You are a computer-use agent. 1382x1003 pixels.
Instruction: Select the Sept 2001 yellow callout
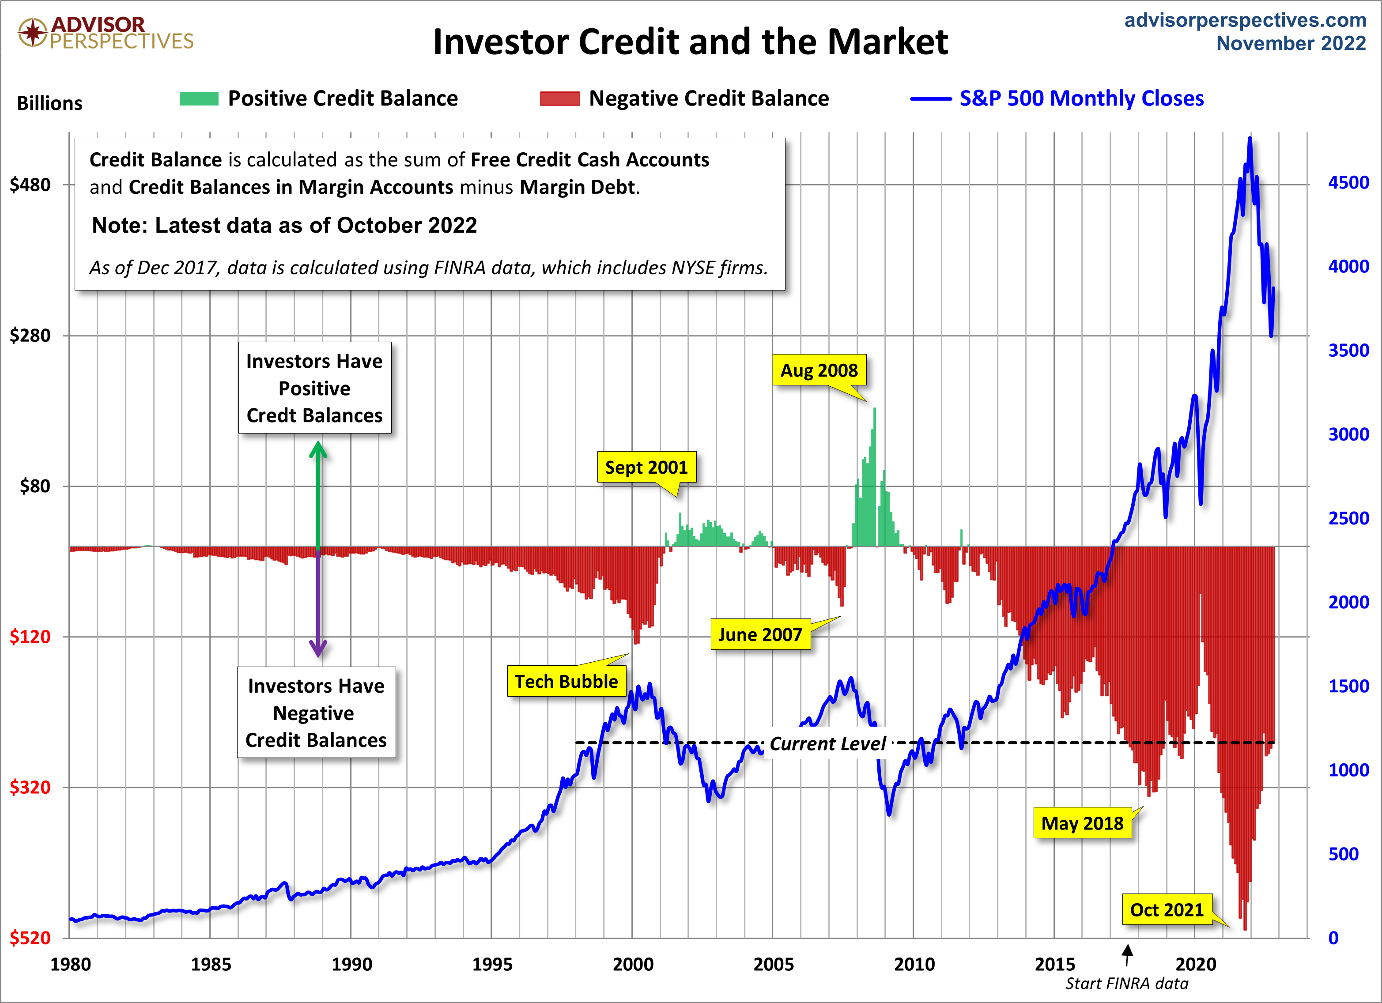(646, 468)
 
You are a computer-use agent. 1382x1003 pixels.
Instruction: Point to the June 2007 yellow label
(760, 634)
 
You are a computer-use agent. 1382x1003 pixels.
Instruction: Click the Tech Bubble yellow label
(566, 681)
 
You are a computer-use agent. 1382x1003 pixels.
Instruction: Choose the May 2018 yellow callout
(1082, 823)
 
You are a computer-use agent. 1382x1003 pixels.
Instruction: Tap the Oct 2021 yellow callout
(1166, 910)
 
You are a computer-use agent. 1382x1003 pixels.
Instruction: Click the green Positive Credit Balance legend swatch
(199, 99)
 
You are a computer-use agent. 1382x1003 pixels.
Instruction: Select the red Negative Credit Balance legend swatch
(559, 99)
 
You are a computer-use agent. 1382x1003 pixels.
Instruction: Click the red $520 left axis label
(30, 938)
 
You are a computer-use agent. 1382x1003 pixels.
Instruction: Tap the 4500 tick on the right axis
(1348, 183)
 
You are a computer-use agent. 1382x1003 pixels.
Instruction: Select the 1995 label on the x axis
(492, 964)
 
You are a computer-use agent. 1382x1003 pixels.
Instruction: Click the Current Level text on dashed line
(827, 743)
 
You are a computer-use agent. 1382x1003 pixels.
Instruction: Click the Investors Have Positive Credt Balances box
(314, 388)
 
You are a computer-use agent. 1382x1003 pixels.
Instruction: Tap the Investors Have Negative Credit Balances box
(316, 713)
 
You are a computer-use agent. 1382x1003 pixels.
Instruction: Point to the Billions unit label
(49, 103)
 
